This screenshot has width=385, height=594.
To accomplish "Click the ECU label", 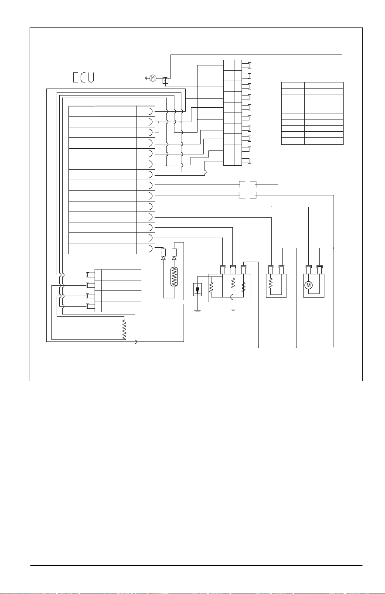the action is click(x=84, y=78).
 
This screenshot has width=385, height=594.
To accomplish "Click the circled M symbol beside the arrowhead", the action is click(x=153, y=78).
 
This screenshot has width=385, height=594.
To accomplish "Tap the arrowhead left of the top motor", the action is click(x=147, y=78).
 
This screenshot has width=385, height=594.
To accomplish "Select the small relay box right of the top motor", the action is click(x=166, y=80).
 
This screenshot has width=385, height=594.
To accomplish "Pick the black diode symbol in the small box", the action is click(x=197, y=290).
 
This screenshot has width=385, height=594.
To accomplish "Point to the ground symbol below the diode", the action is click(x=198, y=311).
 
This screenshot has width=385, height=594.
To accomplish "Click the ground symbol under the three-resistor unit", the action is click(x=233, y=310).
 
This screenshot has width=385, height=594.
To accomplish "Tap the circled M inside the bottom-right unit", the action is click(x=308, y=285).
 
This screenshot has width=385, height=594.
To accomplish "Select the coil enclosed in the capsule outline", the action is click(x=174, y=277).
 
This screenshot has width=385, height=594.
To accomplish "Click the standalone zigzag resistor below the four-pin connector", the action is click(x=124, y=329).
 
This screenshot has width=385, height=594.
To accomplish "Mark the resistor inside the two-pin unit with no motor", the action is click(x=270, y=283).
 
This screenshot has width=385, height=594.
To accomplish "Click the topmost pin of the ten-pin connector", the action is click(x=246, y=65).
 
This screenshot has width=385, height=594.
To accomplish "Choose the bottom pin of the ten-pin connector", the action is click(x=246, y=160).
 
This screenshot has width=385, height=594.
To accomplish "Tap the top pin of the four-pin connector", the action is click(x=90, y=275).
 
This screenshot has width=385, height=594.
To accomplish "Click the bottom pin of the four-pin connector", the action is click(x=90, y=307).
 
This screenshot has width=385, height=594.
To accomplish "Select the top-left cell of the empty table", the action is click(x=293, y=85).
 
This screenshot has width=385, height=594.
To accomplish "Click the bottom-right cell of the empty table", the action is click(x=324, y=141).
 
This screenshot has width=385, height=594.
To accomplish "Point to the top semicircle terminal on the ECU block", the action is click(x=150, y=111).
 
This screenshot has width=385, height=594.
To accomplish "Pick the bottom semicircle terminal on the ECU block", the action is click(x=150, y=249).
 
